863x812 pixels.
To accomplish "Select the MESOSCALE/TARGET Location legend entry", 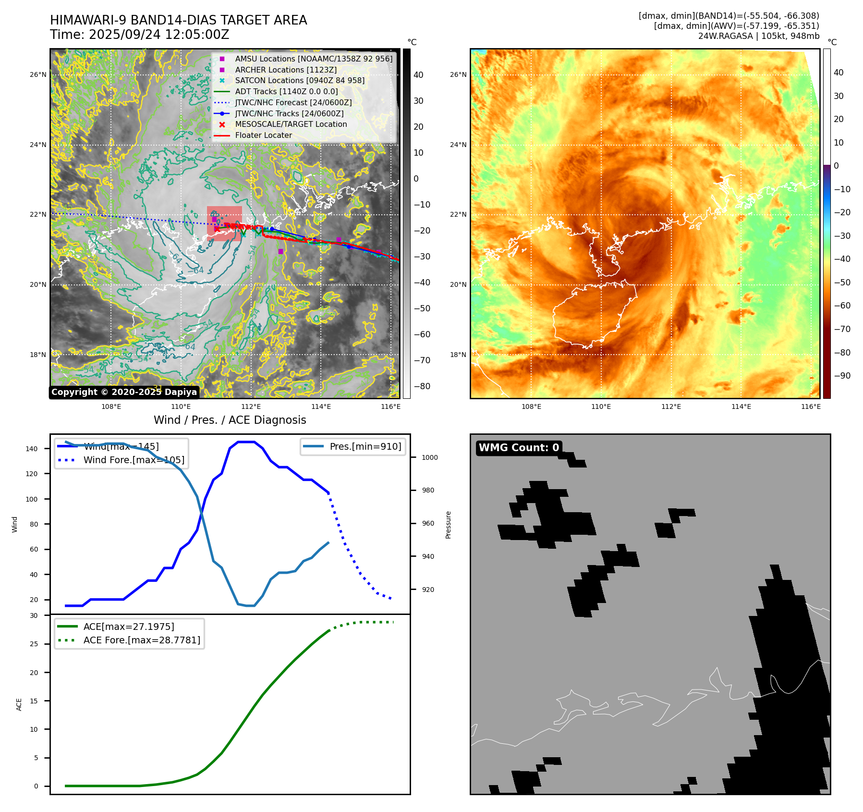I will click(x=291, y=124).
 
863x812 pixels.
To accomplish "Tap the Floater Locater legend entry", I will click(x=263, y=135).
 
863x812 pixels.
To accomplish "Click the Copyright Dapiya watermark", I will click(x=124, y=392).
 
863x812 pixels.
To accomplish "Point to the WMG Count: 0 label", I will click(x=519, y=447).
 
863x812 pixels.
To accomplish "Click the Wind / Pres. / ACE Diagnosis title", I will click(x=230, y=420).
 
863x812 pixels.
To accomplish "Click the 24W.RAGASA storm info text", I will click(x=759, y=36).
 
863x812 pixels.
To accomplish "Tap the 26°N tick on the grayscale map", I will click(x=38, y=74).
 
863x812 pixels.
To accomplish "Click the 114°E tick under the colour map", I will click(x=741, y=406).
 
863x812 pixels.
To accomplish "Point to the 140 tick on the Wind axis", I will click(x=32, y=449).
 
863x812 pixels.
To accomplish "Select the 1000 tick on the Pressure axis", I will click(x=429, y=457).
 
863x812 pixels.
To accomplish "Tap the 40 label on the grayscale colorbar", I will click(x=418, y=74).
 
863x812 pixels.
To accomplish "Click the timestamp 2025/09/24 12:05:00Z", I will click(x=159, y=35).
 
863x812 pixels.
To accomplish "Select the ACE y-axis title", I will click(x=19, y=704).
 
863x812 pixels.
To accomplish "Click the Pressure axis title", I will click(x=448, y=525).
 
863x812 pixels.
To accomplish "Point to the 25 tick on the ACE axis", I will click(x=34, y=644).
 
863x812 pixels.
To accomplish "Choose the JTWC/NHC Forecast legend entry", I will click(x=293, y=102).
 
